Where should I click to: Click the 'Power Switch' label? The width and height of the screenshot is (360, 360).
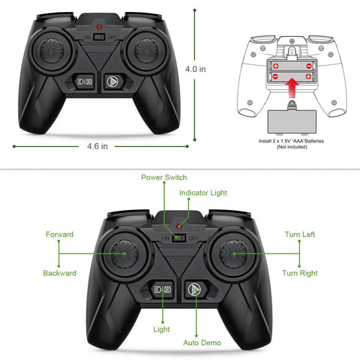(164, 178)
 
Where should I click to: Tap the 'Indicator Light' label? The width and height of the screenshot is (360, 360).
(203, 193)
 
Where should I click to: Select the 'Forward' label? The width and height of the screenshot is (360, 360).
(59, 235)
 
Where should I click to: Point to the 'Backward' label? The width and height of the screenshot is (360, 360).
(59, 273)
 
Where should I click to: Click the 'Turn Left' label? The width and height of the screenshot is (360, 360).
(300, 235)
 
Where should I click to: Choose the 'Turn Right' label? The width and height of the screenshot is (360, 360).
(300, 273)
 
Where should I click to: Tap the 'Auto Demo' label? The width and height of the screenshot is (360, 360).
(202, 343)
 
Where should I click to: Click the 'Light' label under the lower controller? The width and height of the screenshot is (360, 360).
(161, 329)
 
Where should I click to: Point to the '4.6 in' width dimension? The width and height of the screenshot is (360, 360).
(97, 146)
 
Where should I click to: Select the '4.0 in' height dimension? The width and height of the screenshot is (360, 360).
(196, 69)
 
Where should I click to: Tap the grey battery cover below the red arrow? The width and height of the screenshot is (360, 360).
(292, 121)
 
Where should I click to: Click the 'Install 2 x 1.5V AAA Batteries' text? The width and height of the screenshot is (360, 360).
(291, 141)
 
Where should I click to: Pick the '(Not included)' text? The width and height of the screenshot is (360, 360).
(292, 147)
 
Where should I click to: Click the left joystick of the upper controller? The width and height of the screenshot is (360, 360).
(52, 51)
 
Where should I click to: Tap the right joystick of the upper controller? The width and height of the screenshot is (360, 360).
(146, 51)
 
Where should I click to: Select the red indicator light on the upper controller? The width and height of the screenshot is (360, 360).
(99, 27)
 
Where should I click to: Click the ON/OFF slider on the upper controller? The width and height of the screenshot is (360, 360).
(99, 37)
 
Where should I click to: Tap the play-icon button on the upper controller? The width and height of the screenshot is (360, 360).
(112, 82)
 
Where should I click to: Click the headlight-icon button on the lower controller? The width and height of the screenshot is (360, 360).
(163, 289)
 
